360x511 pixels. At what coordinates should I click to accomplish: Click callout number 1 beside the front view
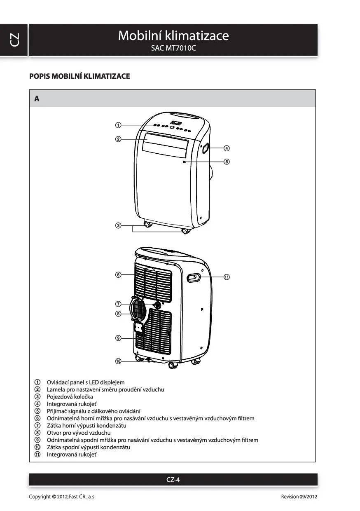(x=118, y=125)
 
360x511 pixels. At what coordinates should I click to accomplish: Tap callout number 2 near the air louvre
(x=118, y=139)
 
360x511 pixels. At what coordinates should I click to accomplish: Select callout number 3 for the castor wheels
(x=118, y=225)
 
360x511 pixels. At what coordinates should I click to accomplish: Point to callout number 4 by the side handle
(x=227, y=148)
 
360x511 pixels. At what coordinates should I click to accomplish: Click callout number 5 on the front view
(x=227, y=162)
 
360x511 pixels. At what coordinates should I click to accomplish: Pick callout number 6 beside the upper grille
(x=118, y=274)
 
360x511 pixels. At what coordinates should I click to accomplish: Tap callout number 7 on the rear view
(x=118, y=304)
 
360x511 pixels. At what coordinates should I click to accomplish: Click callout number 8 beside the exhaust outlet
(x=118, y=314)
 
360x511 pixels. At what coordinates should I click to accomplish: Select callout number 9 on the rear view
(x=118, y=338)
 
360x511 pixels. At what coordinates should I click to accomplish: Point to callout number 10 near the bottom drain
(x=118, y=361)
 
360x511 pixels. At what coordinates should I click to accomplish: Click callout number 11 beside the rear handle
(x=227, y=277)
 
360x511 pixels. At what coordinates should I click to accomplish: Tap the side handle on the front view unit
(x=205, y=149)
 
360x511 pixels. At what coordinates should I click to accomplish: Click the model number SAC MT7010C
(x=173, y=48)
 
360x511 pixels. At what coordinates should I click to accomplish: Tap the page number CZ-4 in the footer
(x=173, y=479)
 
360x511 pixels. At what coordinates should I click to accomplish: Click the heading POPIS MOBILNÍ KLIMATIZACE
(x=79, y=76)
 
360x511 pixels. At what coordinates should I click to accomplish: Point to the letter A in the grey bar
(x=37, y=98)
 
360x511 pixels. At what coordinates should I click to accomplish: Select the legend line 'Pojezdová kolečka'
(x=70, y=396)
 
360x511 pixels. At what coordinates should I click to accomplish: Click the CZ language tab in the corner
(x=14, y=40)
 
